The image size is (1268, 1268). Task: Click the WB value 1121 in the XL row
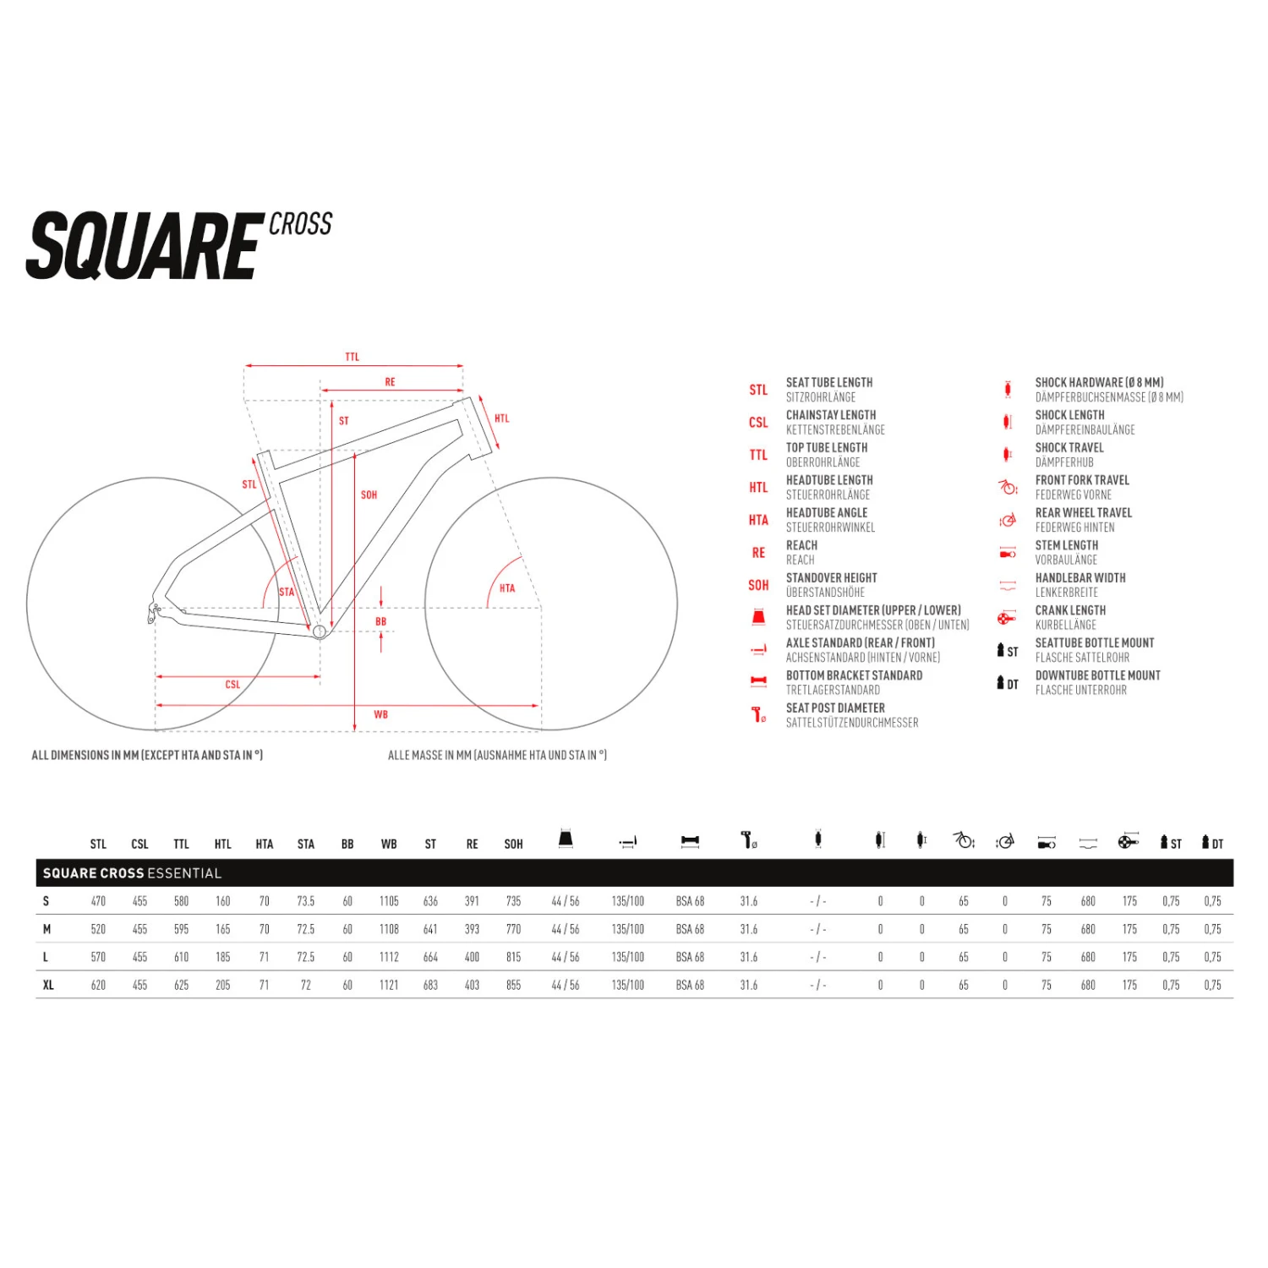(x=389, y=985)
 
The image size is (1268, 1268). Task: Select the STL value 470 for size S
(x=98, y=901)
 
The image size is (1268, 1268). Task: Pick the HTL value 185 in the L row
(x=222, y=957)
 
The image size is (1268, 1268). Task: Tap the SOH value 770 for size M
(x=513, y=929)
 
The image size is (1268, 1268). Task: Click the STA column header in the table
(x=305, y=844)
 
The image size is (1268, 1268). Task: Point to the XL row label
(x=48, y=985)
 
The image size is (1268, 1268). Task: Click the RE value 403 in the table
(x=472, y=985)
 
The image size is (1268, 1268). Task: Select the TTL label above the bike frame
(x=353, y=357)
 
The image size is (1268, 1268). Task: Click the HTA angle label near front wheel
(x=507, y=588)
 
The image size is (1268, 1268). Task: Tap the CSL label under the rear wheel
(x=232, y=685)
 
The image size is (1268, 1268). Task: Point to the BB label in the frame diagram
(x=380, y=621)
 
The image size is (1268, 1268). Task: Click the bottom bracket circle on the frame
(x=320, y=631)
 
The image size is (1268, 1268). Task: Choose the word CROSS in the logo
(x=300, y=224)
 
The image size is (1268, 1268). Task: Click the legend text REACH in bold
(x=801, y=545)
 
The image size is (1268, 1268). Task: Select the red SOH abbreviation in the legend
(x=758, y=585)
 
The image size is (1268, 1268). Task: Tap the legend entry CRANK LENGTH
(x=1070, y=610)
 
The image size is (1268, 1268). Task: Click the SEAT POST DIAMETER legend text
(x=835, y=708)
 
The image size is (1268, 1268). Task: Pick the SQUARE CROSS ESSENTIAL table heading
(x=132, y=873)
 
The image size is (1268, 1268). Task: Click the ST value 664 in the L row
(x=430, y=957)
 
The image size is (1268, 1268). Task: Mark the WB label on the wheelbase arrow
(x=380, y=714)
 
